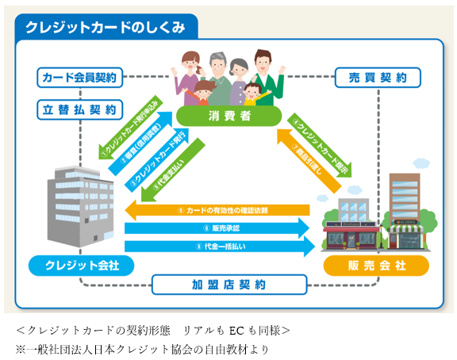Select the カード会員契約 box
[79, 78]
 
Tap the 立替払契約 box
[79, 109]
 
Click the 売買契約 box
[378, 78]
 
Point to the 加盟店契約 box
[228, 284]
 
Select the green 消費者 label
[228, 117]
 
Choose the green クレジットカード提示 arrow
[318, 144]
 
